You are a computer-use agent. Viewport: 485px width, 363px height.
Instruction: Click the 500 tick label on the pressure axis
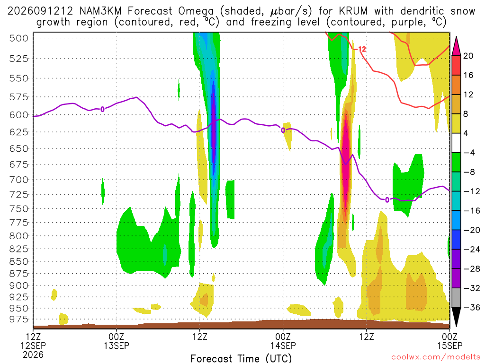[19, 38]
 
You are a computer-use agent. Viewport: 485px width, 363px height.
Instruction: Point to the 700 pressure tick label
[19, 180]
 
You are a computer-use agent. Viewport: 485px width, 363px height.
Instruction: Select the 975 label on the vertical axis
[19, 319]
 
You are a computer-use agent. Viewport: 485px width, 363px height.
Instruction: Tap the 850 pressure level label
[19, 261]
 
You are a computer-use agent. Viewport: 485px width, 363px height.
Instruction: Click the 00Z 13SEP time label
[117, 341]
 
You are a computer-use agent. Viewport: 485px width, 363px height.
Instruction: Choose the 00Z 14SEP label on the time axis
[283, 341]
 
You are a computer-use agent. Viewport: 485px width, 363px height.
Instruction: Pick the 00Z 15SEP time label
[449, 341]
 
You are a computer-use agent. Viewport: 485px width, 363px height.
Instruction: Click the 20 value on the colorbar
[468, 56]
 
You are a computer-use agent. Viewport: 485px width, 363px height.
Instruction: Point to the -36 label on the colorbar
[472, 307]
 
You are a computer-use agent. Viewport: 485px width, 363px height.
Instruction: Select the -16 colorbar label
[472, 211]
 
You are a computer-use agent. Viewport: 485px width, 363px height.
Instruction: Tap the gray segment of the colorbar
[456, 298]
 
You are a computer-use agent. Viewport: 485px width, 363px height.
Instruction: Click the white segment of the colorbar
[456, 143]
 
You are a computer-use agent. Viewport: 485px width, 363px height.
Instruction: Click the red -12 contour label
[360, 49]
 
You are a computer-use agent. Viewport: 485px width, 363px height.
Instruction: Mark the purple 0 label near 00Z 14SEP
[283, 130]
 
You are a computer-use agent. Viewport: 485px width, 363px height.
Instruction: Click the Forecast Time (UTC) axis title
[241, 358]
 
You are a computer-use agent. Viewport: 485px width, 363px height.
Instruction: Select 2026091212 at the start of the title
[40, 11]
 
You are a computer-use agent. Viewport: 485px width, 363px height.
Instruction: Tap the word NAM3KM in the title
[100, 11]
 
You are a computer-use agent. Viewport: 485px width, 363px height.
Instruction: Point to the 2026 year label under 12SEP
[33, 354]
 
